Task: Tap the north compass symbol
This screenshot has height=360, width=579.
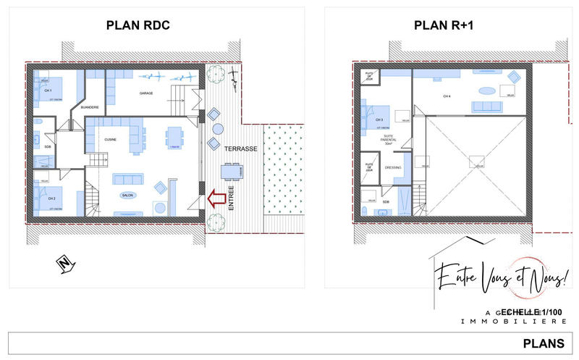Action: click(64, 264)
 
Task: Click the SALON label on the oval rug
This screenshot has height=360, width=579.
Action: click(128, 195)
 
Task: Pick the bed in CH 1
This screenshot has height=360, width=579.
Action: click(51, 91)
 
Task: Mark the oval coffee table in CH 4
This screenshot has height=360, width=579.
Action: click(487, 91)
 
